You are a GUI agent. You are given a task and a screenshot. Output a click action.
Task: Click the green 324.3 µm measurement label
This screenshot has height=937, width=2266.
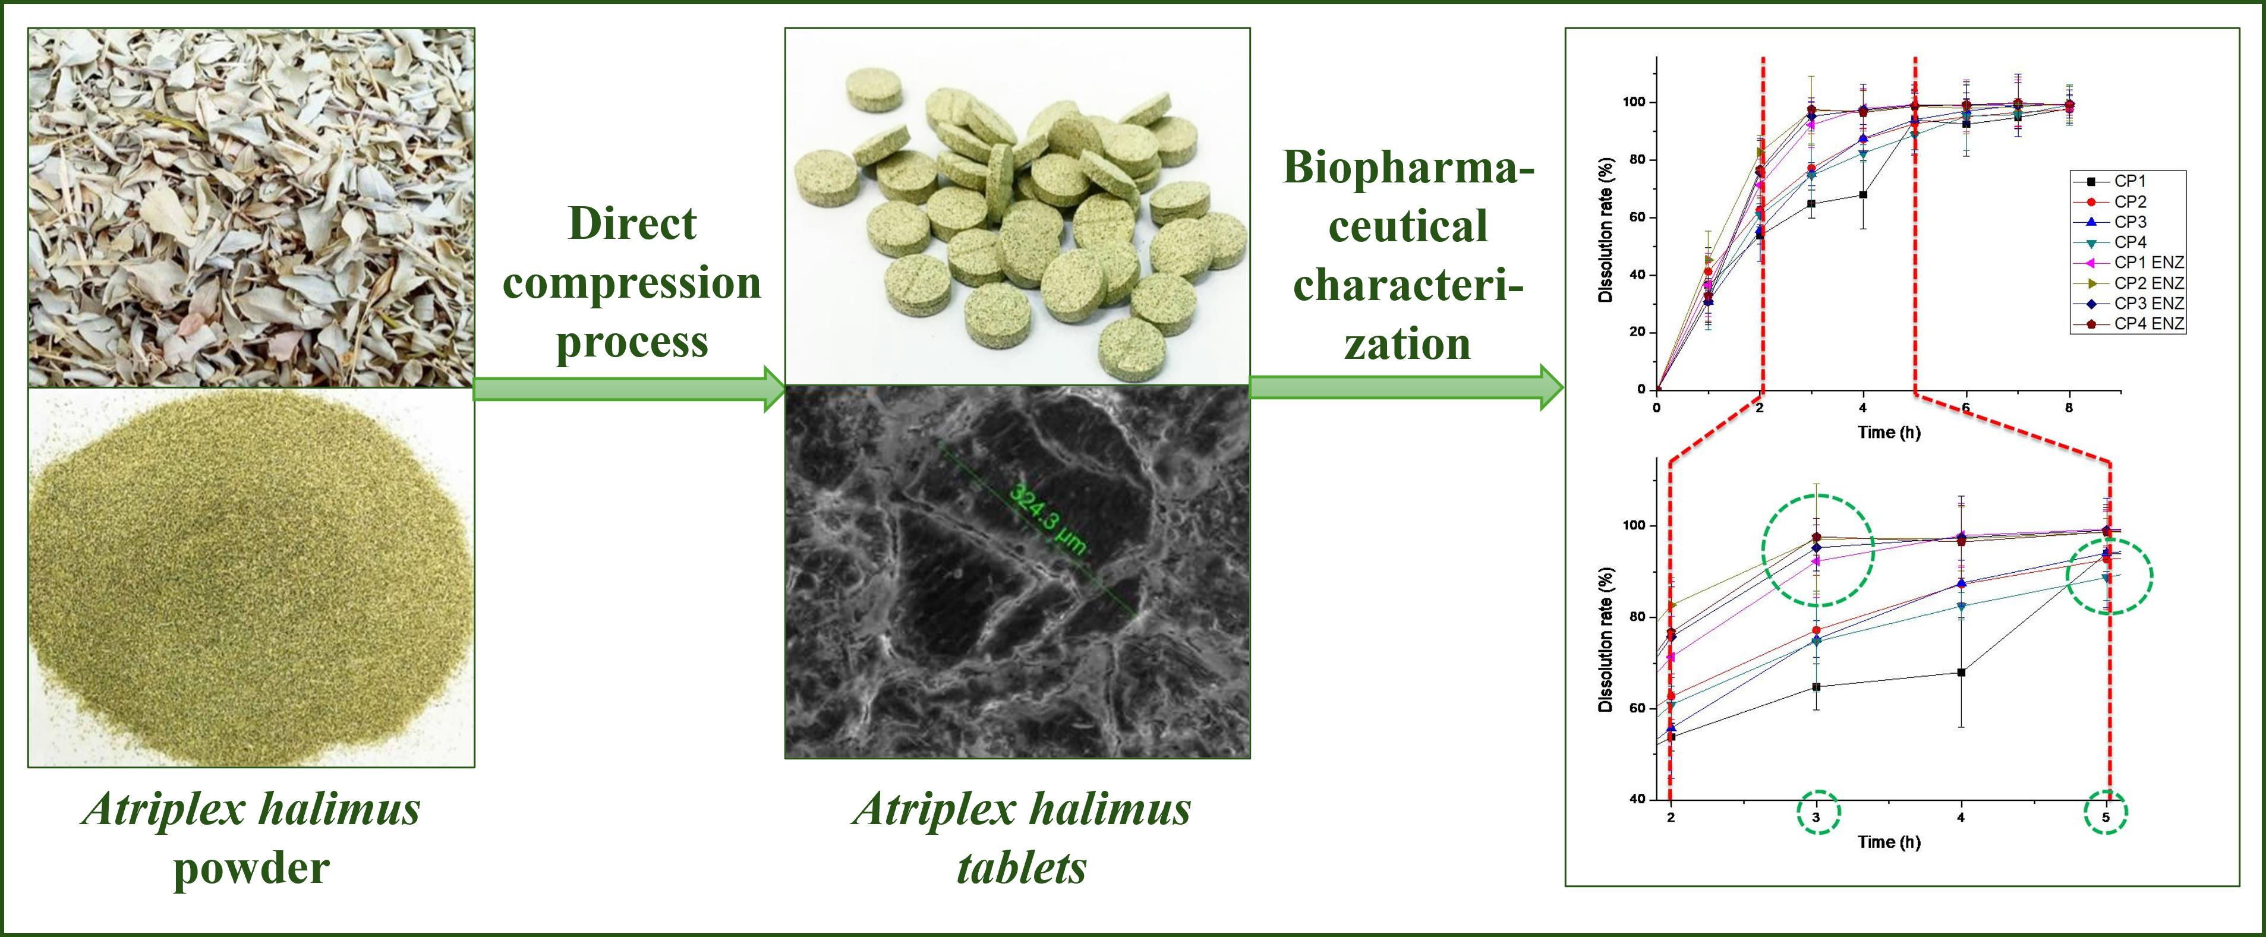[x=1047, y=520]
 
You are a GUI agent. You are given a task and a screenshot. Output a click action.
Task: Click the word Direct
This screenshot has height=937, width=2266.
[x=632, y=223]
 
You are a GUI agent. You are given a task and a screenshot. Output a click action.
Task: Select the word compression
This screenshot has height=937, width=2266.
[x=632, y=282]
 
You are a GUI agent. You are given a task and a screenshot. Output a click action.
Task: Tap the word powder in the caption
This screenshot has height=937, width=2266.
[x=251, y=867]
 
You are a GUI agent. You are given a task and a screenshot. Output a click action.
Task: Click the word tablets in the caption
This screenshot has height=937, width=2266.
[x=1020, y=867]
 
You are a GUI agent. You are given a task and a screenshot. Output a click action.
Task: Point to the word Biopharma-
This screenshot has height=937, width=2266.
[x=1407, y=167]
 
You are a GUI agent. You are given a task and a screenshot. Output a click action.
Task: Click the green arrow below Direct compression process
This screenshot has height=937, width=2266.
[x=629, y=388]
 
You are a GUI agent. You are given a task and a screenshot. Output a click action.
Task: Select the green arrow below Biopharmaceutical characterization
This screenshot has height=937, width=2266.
[x=1405, y=387]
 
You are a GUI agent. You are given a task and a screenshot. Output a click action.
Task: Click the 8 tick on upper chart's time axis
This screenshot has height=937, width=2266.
[x=2069, y=408]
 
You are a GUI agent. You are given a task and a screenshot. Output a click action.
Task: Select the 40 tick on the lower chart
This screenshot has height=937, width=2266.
[x=1635, y=799]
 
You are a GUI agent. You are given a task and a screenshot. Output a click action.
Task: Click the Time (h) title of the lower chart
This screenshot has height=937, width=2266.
[x=1889, y=842]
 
